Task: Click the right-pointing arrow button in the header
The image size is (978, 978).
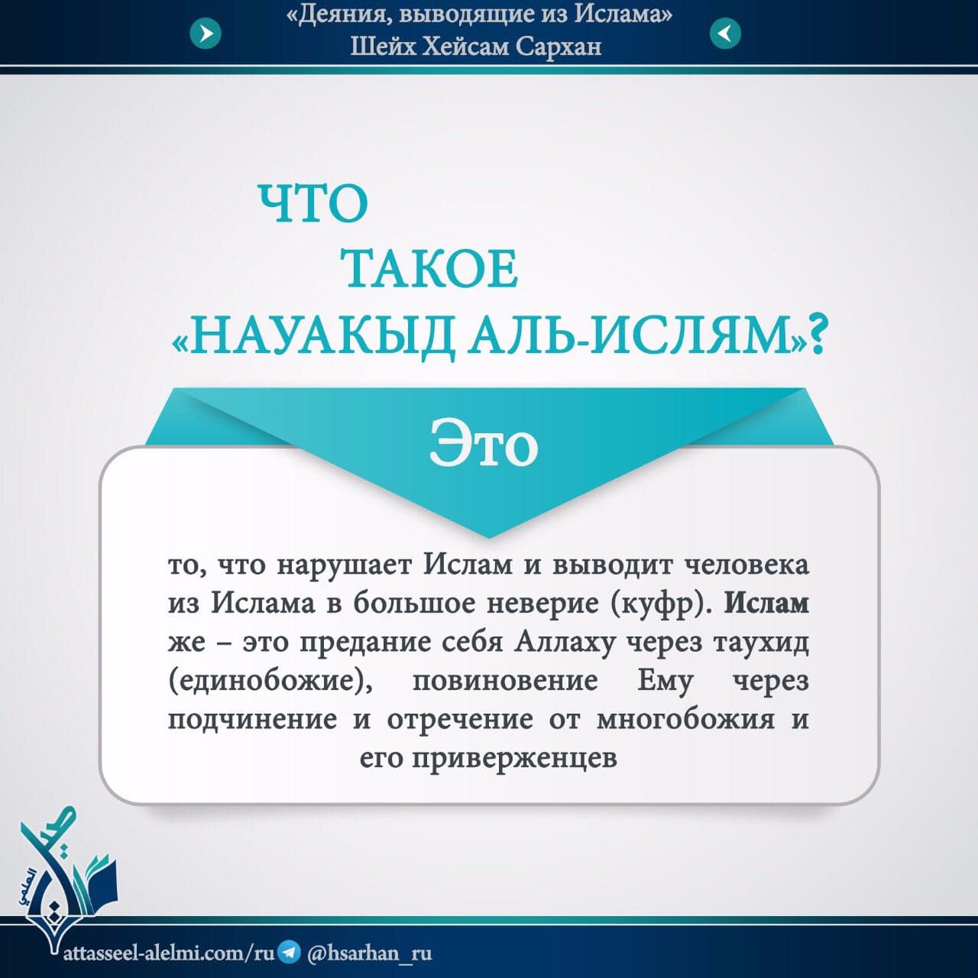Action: click(206, 34)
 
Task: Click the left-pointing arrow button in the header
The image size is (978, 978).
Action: click(725, 34)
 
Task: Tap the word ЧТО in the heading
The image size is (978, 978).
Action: click(313, 204)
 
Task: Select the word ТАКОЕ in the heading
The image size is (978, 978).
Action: click(431, 269)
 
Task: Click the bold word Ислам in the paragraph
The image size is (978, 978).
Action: click(766, 604)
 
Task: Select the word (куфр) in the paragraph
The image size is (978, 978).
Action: click(662, 604)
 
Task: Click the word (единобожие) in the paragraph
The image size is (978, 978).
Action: click(270, 682)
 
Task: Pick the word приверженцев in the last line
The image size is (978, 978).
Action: click(514, 759)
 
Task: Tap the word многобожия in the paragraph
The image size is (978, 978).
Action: click(685, 721)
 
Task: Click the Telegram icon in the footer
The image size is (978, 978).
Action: click(290, 952)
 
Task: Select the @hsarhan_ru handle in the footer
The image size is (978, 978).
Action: click(370, 953)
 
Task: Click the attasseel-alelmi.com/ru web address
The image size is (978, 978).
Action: click(169, 953)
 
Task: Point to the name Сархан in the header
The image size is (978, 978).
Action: click(559, 47)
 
